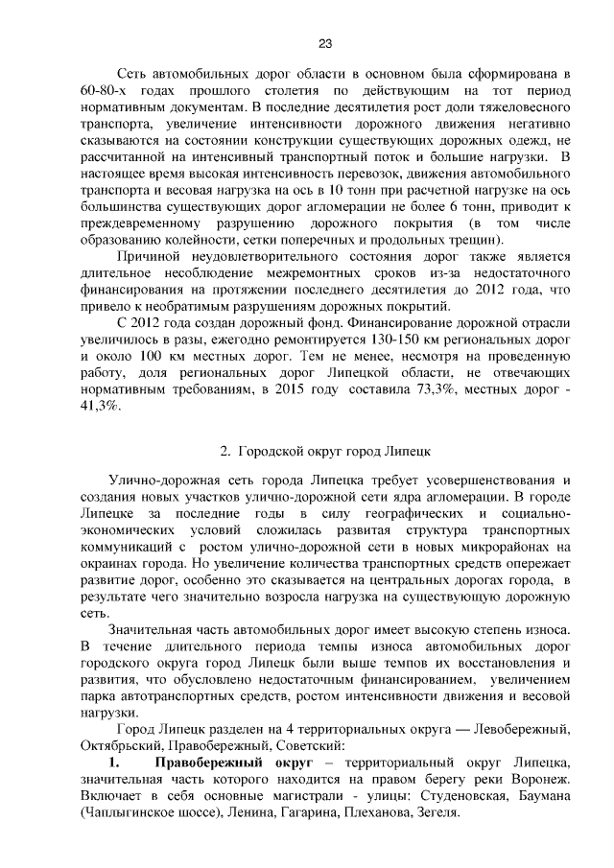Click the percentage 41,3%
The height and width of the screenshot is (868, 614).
[x=100, y=407]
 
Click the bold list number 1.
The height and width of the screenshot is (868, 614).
[x=113, y=763]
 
